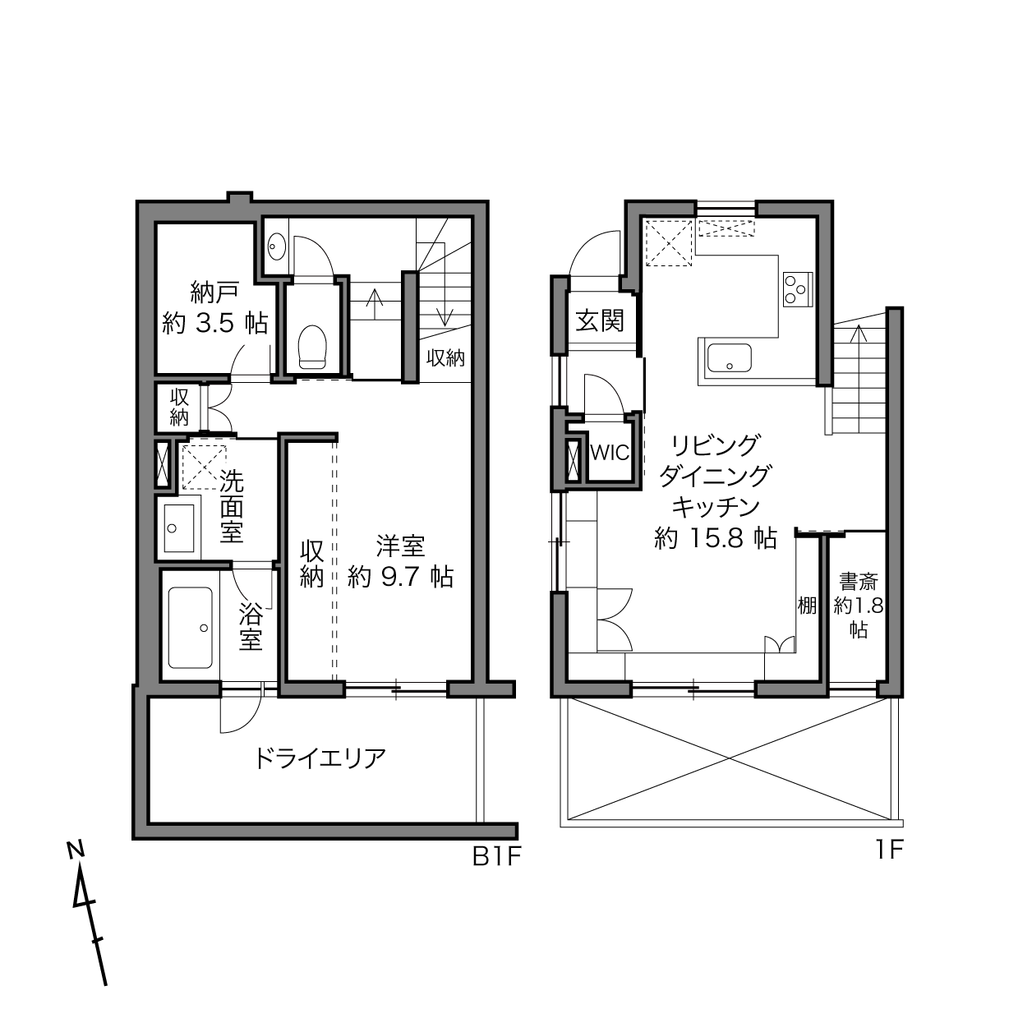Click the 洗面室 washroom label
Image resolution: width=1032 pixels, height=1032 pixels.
[x=231, y=505]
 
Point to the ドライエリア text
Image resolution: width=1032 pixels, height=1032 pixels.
[x=320, y=758]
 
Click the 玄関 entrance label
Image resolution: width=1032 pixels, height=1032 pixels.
[x=599, y=320]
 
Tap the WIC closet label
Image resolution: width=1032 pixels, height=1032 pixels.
[x=610, y=453]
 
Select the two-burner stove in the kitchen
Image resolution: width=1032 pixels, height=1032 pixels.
[x=795, y=288]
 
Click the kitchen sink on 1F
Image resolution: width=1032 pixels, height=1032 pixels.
[x=729, y=358]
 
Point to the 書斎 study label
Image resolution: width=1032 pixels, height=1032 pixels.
[x=858, y=583]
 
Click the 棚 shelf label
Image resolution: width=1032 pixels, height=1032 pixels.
[x=807, y=606]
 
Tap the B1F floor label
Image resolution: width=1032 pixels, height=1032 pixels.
[x=496, y=857]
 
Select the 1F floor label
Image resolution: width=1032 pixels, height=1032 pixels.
[x=888, y=850]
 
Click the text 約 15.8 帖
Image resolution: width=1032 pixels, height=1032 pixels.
[x=715, y=538]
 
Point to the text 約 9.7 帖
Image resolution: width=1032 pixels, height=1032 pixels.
[x=400, y=577]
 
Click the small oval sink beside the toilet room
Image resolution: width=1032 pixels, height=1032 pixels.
[x=277, y=244]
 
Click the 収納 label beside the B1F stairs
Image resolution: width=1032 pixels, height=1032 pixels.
[x=445, y=358]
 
